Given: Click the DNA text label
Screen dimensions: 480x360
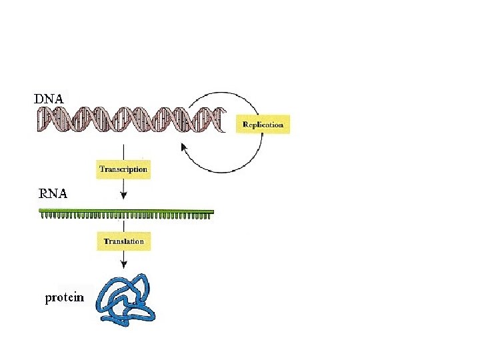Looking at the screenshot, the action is [x=49, y=99].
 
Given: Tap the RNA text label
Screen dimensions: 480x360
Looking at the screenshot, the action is [x=53, y=194].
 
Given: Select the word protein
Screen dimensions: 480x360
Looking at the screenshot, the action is [x=64, y=297].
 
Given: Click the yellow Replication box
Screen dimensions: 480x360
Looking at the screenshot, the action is [x=263, y=124].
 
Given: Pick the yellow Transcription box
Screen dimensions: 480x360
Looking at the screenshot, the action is [x=123, y=169].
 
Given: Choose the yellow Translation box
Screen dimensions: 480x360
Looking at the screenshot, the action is [x=124, y=241].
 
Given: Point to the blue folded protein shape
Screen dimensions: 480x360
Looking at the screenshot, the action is [x=125, y=299].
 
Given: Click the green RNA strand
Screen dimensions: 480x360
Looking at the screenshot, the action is [x=127, y=214].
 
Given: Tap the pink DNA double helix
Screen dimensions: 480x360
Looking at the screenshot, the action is [x=131, y=119].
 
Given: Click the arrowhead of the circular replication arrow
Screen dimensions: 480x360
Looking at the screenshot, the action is [x=184, y=147].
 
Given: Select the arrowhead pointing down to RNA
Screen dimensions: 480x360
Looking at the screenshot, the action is [x=123, y=195].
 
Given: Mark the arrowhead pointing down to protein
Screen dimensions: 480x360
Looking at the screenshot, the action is [x=123, y=264].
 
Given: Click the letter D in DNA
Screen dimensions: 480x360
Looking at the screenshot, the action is [x=39, y=99].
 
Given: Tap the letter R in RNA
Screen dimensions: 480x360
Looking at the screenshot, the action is [x=43, y=194].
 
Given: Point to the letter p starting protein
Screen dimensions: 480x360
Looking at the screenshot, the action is [x=49, y=299].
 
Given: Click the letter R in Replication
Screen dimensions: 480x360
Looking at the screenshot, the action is [x=245, y=124].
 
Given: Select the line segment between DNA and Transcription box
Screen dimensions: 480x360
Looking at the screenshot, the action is [x=123, y=152].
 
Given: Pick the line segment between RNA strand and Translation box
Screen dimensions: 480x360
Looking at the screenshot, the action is [x=123, y=226].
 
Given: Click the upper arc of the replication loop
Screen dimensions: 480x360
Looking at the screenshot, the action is [x=224, y=93].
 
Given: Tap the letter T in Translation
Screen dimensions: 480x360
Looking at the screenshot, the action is [x=106, y=241].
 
